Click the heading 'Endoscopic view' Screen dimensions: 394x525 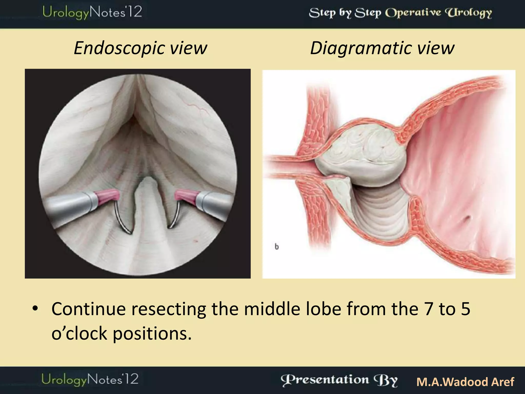click(x=140, y=48)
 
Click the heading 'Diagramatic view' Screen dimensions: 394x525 click(x=382, y=48)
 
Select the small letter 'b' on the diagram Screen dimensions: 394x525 click(x=277, y=247)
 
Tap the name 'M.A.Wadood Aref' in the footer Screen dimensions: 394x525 click(x=465, y=382)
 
